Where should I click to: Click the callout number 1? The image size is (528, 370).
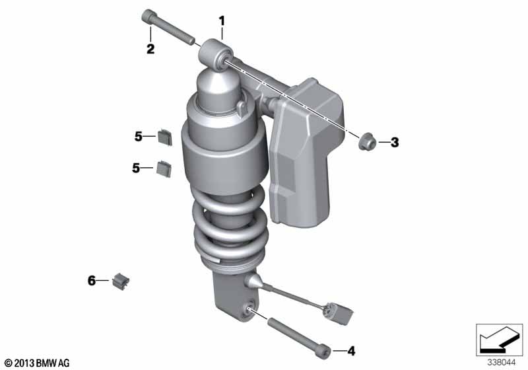(x=222, y=21)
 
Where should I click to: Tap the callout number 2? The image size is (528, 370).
(x=150, y=49)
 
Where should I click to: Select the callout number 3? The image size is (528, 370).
(x=395, y=142)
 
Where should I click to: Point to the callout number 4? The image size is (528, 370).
(x=351, y=351)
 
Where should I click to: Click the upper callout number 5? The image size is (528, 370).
(x=139, y=137)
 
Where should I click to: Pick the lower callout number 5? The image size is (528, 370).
(x=136, y=167)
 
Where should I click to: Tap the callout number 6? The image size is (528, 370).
(x=92, y=280)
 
